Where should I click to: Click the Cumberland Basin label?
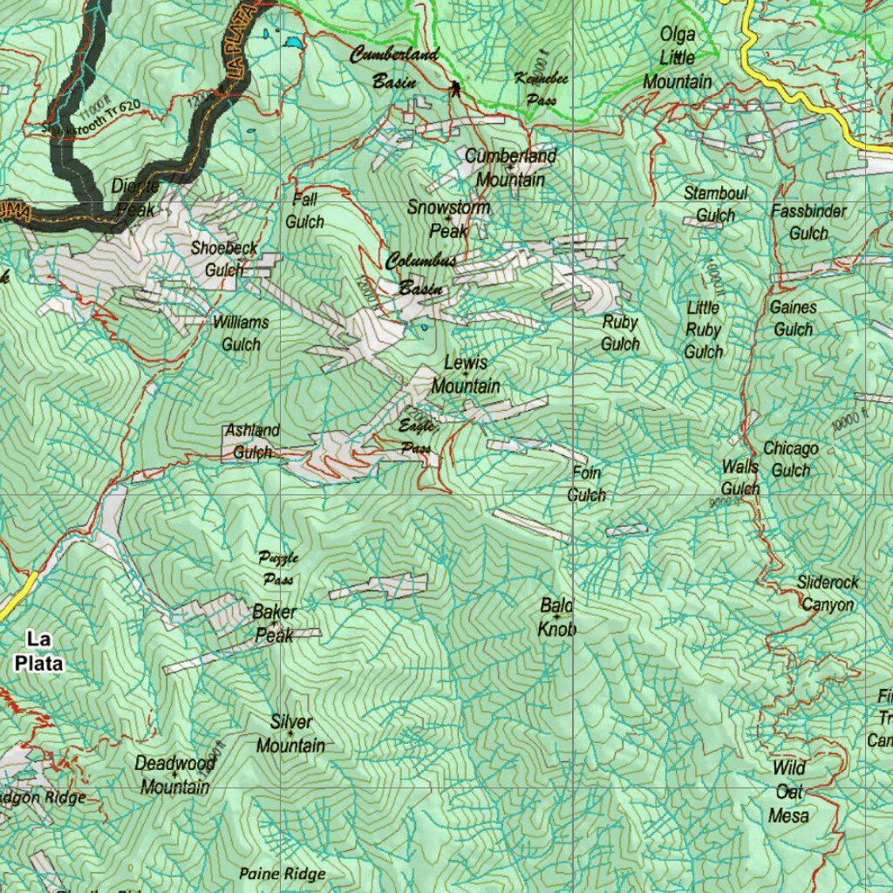(x=393, y=68)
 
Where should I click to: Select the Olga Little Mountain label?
(x=678, y=58)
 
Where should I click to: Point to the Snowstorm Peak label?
(x=449, y=219)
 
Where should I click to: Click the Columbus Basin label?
(x=421, y=275)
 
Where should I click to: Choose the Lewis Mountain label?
(x=466, y=374)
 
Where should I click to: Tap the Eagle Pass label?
(x=416, y=437)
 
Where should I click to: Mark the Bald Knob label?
(x=557, y=617)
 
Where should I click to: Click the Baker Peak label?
(x=274, y=624)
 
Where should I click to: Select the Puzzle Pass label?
(x=278, y=568)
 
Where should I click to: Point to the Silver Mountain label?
(x=290, y=733)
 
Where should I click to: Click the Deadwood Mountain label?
(x=175, y=774)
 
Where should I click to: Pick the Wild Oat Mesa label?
(x=788, y=792)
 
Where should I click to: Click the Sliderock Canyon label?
(x=828, y=593)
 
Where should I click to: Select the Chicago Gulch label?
(x=791, y=460)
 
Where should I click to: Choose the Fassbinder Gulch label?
(x=808, y=222)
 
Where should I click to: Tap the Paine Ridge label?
(x=283, y=873)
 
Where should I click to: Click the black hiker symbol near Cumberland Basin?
(x=454, y=87)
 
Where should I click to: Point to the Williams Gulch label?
(x=241, y=333)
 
